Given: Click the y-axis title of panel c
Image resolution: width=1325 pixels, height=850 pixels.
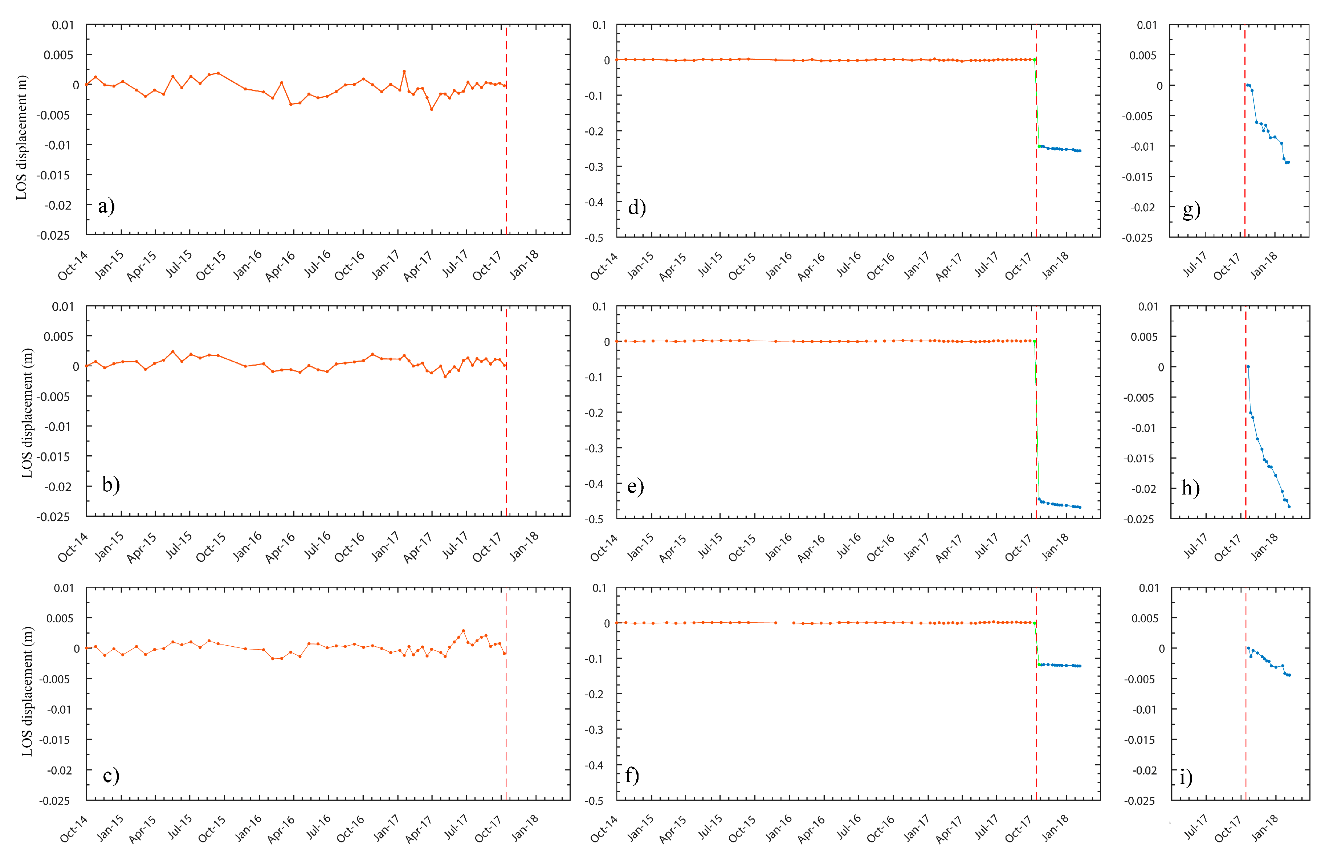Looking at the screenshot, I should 27,691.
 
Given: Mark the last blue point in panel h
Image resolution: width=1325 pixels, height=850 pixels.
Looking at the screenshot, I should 1289,507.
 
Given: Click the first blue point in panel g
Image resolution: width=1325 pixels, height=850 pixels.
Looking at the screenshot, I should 1247,85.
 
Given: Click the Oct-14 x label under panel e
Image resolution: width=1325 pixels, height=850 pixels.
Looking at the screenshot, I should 604,548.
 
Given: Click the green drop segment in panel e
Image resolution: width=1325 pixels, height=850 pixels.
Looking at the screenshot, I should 1036,419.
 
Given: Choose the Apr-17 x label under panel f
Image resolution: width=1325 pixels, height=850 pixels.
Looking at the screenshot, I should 949,828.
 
